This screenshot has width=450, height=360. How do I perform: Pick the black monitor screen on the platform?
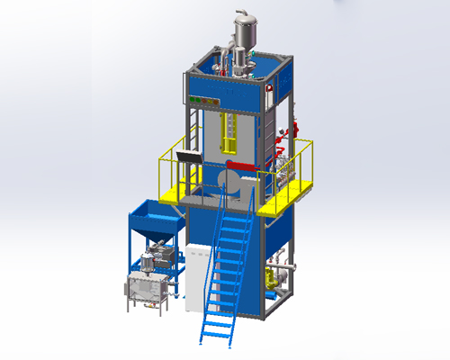189,158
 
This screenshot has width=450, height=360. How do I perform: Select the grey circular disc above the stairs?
227,184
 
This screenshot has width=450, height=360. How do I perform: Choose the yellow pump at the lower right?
273,279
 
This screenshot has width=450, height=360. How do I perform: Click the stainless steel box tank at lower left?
145,288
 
